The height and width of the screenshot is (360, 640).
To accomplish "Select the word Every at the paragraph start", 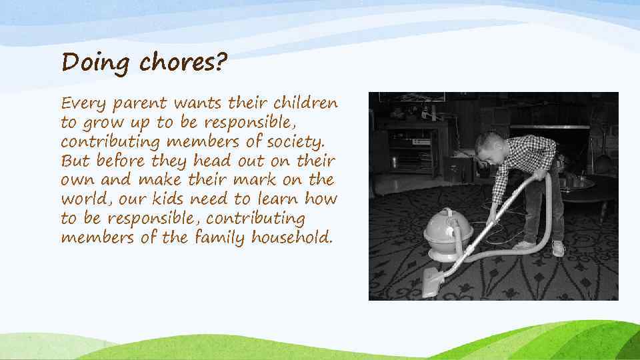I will click(83, 104).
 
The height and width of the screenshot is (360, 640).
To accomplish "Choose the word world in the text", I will click(80, 199).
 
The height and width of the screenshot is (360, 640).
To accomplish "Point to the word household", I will click(291, 238).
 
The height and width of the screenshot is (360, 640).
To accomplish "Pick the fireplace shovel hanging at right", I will click(601, 153).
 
